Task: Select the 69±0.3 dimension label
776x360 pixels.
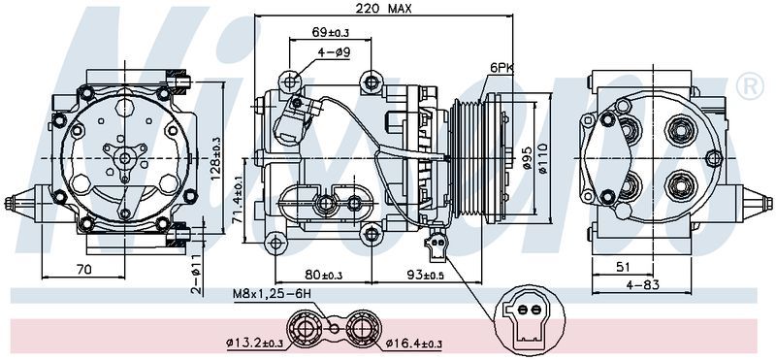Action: click(331, 33)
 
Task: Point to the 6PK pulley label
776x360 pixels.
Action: click(501, 68)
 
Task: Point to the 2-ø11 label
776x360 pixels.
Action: click(195, 275)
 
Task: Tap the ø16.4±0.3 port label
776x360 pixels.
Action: click(413, 344)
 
